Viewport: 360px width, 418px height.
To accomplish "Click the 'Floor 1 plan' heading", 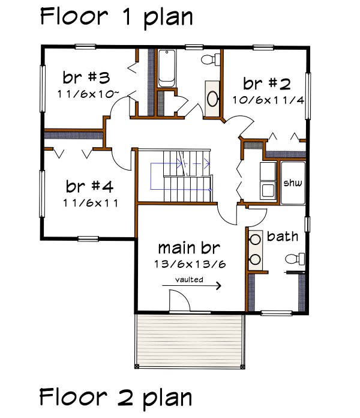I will click(x=116, y=17).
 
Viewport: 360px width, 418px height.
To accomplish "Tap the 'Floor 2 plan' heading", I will click(x=116, y=398).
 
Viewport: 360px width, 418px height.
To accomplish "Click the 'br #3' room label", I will click(x=86, y=78).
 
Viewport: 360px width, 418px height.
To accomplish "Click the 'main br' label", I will click(x=189, y=247).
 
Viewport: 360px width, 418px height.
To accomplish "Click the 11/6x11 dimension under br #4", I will click(x=90, y=202).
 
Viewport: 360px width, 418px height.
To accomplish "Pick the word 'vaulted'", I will click(x=189, y=279).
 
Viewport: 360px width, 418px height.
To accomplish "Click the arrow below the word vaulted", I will click(x=191, y=286).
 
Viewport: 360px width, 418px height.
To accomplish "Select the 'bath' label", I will click(x=282, y=237).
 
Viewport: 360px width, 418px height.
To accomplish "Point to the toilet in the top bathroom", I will click(x=209, y=59).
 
